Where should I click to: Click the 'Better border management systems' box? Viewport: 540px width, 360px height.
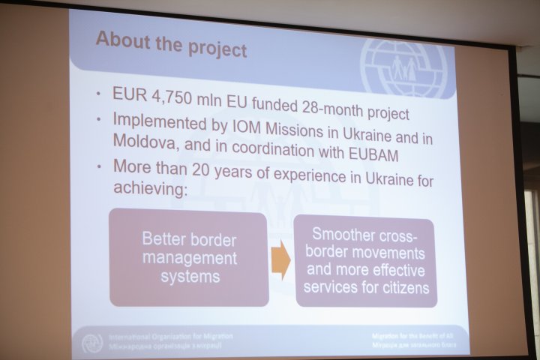(189, 258)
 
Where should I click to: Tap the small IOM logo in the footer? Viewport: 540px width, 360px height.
(91, 343)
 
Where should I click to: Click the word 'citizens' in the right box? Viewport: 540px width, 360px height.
(408, 286)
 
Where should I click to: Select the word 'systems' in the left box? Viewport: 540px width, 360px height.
(188, 276)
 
